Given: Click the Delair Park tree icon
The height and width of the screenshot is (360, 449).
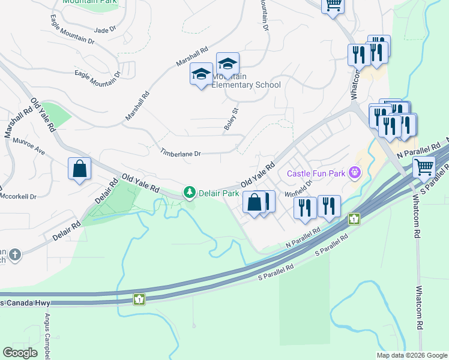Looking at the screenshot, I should coord(190,192).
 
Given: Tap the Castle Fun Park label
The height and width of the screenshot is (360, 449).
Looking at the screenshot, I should coord(316,174).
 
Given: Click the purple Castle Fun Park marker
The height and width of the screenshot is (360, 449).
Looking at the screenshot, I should coord(355,173).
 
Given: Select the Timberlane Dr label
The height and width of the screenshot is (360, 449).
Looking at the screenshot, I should coord(180,154).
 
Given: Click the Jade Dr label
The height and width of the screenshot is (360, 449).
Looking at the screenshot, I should coord(105,29).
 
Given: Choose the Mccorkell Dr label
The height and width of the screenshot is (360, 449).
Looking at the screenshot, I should coord(18,196).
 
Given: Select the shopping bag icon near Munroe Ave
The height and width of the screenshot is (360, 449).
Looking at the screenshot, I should coord(79,170).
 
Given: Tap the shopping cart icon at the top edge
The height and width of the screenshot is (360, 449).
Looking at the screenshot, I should coord(333,5).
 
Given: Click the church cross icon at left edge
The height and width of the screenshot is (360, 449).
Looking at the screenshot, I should coord(14,255).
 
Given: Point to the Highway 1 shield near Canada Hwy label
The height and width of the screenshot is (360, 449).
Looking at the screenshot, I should coord(139,298).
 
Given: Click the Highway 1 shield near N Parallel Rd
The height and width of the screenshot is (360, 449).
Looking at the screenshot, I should coord(355,219).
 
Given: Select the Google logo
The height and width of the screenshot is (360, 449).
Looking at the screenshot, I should coord(20,353).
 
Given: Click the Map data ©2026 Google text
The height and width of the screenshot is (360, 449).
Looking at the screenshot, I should coord(411,355).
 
